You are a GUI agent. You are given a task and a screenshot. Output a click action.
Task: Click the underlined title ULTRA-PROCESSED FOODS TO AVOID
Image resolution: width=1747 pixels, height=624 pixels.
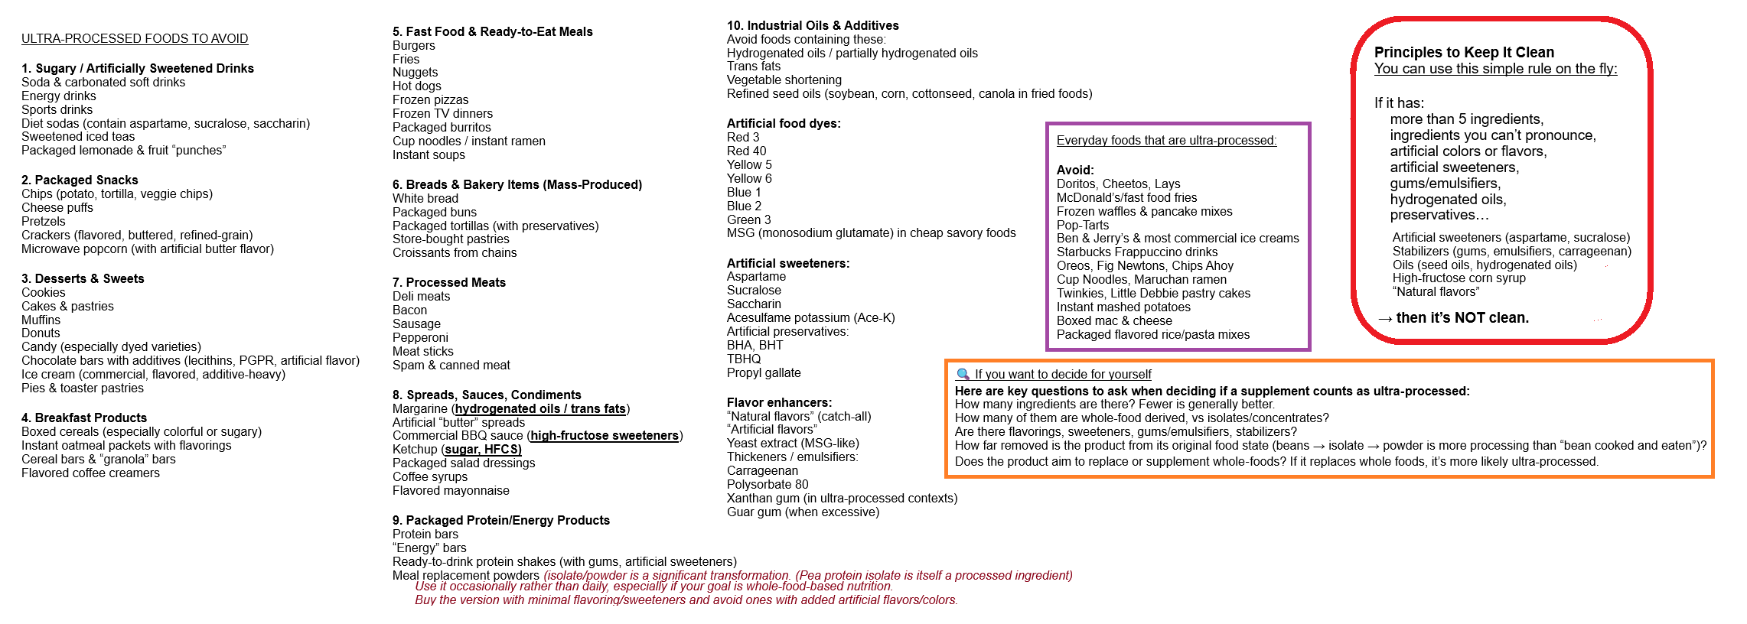135,39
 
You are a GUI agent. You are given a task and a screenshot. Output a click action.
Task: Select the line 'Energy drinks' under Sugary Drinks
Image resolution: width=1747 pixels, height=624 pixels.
59,96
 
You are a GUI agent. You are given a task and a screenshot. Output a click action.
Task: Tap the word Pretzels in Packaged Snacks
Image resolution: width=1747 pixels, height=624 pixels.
44,222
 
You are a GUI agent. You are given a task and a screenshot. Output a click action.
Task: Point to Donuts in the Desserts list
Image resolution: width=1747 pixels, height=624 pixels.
41,333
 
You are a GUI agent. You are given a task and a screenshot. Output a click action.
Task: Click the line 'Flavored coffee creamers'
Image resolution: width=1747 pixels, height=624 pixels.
90,473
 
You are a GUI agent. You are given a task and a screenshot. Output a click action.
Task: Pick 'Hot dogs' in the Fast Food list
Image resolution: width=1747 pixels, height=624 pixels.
417,86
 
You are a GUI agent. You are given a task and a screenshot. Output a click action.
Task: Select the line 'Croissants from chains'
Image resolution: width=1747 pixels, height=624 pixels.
455,253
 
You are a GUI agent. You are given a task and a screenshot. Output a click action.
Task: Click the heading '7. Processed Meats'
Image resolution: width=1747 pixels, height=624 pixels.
449,283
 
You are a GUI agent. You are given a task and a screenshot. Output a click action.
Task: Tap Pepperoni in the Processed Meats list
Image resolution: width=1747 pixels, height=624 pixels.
420,338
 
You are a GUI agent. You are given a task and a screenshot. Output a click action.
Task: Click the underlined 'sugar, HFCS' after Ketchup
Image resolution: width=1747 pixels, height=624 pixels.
483,450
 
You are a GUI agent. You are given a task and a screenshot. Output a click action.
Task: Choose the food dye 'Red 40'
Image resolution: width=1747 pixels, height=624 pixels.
746,151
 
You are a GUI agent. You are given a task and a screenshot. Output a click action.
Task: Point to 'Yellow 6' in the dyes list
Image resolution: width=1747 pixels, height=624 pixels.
749,179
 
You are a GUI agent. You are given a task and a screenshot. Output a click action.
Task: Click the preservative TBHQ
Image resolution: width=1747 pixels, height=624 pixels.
744,359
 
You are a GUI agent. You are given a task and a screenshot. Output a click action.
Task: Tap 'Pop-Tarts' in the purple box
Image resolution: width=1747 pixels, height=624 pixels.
1083,226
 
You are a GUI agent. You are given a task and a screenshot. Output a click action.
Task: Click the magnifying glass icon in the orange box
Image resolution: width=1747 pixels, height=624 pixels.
963,374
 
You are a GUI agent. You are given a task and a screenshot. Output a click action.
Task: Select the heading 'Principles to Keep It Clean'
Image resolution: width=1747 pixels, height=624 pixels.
1464,53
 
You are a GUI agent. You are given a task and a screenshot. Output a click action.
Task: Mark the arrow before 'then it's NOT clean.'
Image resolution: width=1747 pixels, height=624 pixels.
1385,318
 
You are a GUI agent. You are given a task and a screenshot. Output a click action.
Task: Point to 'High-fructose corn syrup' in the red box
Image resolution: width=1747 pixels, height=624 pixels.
1459,278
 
